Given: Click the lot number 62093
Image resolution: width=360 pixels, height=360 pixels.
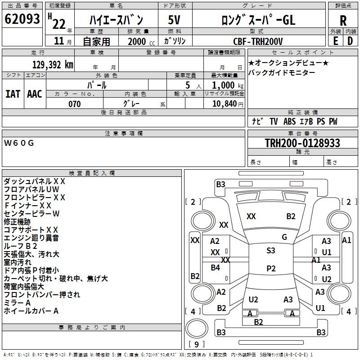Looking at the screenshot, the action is pos(22,19).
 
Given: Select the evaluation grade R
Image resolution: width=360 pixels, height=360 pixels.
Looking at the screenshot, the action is pos(343,20).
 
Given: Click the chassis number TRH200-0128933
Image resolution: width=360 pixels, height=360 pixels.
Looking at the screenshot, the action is pos(302,143).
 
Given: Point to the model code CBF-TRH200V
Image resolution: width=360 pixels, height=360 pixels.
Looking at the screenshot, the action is pos(258,41).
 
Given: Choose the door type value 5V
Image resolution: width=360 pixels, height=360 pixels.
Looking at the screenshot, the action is pos(174,20).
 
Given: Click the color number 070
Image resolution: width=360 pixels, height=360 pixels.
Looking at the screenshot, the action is pos(75,104).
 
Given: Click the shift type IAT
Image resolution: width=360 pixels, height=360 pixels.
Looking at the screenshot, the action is pos(13,94).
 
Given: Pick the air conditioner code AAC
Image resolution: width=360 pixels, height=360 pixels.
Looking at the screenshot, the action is pos(35,94).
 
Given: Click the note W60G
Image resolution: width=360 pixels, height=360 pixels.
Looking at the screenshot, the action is pos(19,143).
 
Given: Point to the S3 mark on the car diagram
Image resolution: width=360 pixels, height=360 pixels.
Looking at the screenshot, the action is pos(270,251).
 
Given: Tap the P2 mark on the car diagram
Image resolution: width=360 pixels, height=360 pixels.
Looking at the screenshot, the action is pos(270,269).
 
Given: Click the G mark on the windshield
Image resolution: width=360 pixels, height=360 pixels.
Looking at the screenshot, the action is pos(284,237).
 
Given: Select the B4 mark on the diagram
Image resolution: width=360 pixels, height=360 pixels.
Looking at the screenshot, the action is pos(216,268).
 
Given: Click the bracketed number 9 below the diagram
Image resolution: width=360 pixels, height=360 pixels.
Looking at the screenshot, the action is pos(196,345).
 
